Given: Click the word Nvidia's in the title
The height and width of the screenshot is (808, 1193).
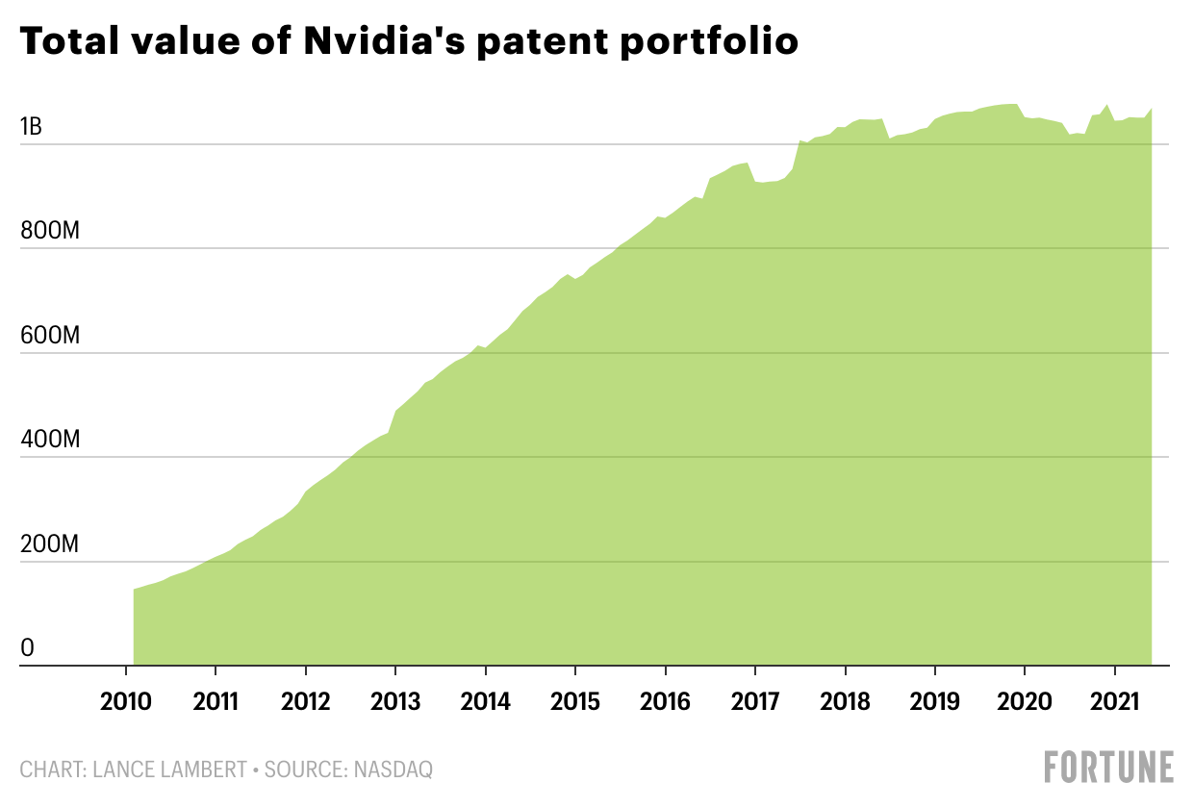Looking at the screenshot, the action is pyautogui.click(x=384, y=40).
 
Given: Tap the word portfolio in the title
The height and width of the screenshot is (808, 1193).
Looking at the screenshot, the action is pyautogui.click(x=709, y=42).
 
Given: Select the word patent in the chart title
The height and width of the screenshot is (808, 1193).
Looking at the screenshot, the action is pyautogui.click(x=543, y=42).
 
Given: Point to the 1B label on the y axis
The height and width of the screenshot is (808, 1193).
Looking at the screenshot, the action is pyautogui.click(x=31, y=127).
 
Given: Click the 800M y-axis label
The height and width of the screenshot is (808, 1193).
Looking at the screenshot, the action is pyautogui.click(x=50, y=231).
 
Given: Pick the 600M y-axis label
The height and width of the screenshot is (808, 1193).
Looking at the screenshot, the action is pyautogui.click(x=50, y=336).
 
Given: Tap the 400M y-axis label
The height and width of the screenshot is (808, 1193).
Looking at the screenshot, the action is pyautogui.click(x=50, y=440).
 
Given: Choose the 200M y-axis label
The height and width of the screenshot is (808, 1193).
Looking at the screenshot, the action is pyautogui.click(x=49, y=544).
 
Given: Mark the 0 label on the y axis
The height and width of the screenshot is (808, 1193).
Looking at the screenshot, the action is pyautogui.click(x=27, y=648).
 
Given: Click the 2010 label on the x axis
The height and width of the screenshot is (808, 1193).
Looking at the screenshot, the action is pyautogui.click(x=126, y=702).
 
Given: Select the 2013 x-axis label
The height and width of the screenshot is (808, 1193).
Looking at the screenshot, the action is pyautogui.click(x=395, y=702).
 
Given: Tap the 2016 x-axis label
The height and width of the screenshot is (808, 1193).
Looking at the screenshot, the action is pyautogui.click(x=665, y=702).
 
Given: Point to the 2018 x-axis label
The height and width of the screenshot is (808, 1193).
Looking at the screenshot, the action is pyautogui.click(x=846, y=702).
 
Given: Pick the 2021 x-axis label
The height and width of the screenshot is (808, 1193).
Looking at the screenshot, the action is pyautogui.click(x=1114, y=702).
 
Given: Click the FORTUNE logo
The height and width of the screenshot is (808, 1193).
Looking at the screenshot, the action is pyautogui.click(x=1109, y=767).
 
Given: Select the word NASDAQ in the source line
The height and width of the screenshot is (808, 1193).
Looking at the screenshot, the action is pyautogui.click(x=393, y=770).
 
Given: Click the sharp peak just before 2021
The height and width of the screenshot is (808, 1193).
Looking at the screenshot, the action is pyautogui.click(x=1107, y=105).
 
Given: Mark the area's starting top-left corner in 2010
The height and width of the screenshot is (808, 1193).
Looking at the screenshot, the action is pyautogui.click(x=134, y=590).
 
